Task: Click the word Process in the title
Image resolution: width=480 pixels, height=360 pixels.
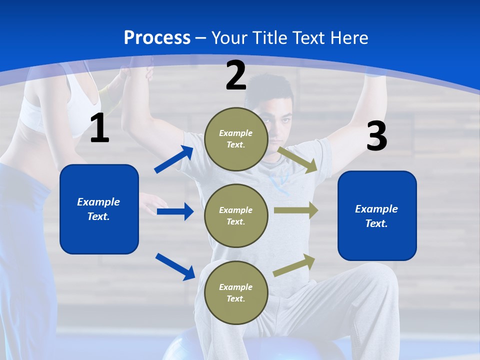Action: (157, 38)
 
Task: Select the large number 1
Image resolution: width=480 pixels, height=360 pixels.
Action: (99, 128)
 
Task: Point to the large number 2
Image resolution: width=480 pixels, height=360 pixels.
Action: (236, 75)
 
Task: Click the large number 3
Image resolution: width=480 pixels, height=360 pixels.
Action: (376, 136)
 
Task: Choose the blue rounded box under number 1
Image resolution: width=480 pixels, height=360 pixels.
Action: (99, 209)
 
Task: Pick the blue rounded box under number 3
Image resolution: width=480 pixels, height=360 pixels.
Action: (377, 215)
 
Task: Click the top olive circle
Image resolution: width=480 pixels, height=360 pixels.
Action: (236, 139)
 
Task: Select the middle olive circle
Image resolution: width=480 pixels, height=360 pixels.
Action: (236, 215)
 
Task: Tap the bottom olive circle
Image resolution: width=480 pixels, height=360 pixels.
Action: (236, 292)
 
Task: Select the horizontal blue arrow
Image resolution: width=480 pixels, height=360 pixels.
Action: (175, 211)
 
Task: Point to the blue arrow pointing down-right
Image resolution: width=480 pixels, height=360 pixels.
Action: (175, 266)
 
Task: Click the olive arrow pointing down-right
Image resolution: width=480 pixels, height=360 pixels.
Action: (297, 160)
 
